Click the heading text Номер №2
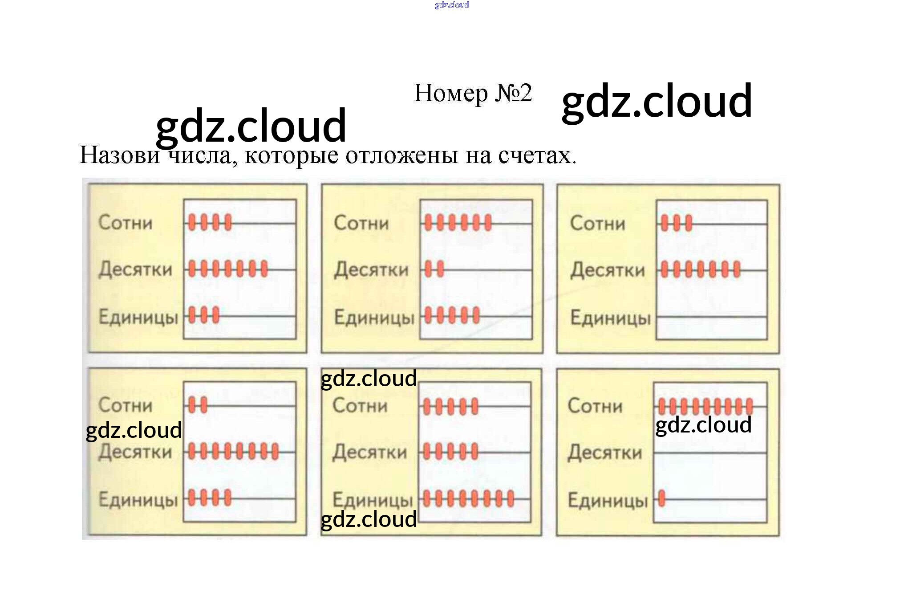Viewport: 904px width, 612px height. click(x=473, y=93)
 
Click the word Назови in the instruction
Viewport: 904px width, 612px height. click(x=119, y=155)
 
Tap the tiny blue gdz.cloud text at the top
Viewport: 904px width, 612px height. click(x=451, y=5)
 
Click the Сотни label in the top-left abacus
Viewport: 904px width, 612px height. click(x=125, y=222)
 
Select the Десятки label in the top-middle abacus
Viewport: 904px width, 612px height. click(x=371, y=269)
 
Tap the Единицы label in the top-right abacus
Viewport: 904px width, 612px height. click(x=610, y=318)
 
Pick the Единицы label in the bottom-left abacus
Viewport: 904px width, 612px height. click(x=138, y=499)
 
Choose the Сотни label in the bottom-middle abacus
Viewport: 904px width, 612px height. click(x=360, y=405)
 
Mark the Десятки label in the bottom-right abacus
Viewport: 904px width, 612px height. click(x=604, y=453)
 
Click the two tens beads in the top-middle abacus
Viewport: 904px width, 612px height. click(x=434, y=269)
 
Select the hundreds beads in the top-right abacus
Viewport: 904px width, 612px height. click(x=676, y=223)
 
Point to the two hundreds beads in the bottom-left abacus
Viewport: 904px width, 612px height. click(x=198, y=405)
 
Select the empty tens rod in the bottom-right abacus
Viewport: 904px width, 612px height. click(x=710, y=453)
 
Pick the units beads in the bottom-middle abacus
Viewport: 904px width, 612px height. click(x=468, y=498)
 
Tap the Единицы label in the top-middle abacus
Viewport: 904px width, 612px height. click(x=374, y=318)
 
